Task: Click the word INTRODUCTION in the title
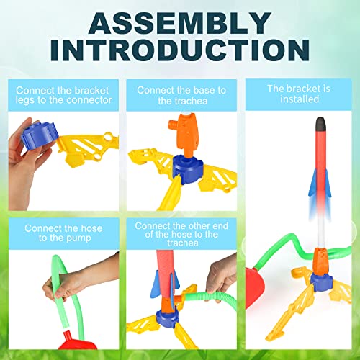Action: [180, 52]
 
